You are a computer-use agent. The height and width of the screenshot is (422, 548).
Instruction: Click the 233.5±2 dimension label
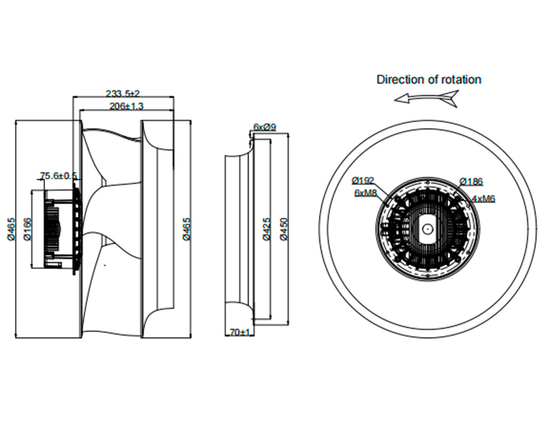pyautogui.click(x=123, y=93)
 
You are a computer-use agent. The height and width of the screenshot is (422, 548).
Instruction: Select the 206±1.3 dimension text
pyautogui.click(x=127, y=106)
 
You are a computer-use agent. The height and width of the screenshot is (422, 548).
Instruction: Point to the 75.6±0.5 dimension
pyautogui.click(x=58, y=176)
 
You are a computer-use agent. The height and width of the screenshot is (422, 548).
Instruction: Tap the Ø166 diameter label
pyautogui.click(x=28, y=229)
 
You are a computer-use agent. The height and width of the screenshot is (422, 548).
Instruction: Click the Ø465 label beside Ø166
pyautogui.click(x=11, y=229)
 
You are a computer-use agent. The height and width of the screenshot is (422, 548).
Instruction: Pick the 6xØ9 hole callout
pyautogui.click(x=264, y=127)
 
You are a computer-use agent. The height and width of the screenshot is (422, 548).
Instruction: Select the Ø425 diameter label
pyautogui.click(x=266, y=229)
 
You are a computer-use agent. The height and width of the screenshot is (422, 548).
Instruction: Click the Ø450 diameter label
pyautogui.click(x=284, y=229)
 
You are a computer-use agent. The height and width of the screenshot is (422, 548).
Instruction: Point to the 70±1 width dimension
pyautogui.click(x=240, y=332)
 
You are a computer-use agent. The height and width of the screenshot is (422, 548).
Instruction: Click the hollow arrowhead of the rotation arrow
pyautogui.click(x=401, y=99)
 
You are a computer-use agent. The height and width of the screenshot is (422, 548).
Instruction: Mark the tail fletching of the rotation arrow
pyautogui.click(x=451, y=98)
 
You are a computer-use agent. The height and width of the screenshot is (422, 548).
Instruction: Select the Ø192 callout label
pyautogui.click(x=363, y=181)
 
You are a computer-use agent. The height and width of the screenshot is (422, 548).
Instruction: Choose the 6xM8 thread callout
pyautogui.click(x=366, y=193)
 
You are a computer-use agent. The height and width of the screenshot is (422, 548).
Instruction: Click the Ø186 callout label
pyautogui.click(x=471, y=181)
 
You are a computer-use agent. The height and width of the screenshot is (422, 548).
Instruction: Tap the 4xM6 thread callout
pyautogui.click(x=483, y=198)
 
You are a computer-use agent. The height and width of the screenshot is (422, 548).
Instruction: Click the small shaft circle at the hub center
pyautogui.click(x=427, y=229)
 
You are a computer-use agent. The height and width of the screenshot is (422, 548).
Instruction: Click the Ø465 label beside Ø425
pyautogui.click(x=187, y=229)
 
